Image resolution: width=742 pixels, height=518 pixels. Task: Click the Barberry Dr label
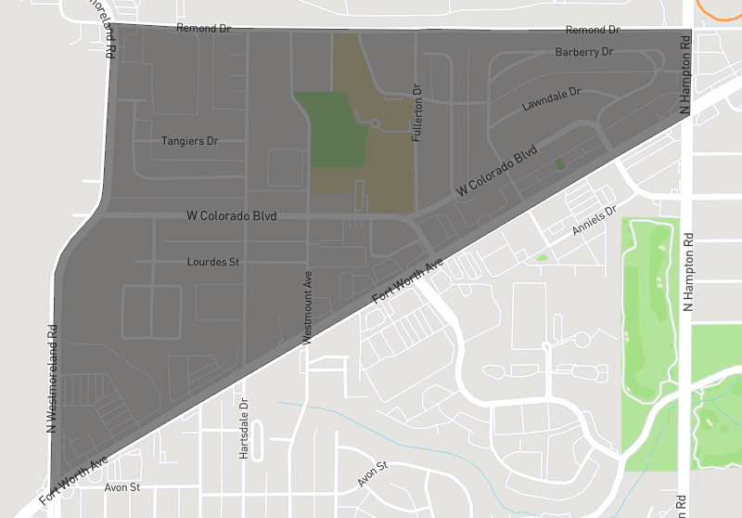coord(584,52)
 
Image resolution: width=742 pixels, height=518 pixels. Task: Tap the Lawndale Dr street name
coord(551,99)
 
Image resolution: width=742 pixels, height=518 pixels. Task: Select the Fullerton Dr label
coord(417,113)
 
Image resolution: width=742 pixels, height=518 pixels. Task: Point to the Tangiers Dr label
coord(189,141)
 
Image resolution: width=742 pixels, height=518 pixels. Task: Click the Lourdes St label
coord(213,262)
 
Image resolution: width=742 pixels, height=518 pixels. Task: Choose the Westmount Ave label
coord(307,308)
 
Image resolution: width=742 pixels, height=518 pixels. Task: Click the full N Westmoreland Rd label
coord(52,378)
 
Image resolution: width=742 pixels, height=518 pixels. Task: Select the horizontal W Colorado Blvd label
coord(232,216)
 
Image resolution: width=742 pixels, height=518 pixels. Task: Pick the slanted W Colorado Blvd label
coord(497,172)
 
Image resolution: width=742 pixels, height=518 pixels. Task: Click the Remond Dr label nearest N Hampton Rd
coord(592,31)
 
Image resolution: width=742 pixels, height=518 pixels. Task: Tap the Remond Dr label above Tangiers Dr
coord(203,29)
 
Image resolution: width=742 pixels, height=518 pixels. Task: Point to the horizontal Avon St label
coord(122,486)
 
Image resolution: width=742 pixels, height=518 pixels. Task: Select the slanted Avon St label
coord(371,474)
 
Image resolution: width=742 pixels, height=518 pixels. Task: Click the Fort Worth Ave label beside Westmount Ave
coord(408,282)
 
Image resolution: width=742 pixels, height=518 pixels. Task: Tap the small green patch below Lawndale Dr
coord(558,164)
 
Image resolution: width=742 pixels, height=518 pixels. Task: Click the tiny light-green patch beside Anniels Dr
coord(542,257)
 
